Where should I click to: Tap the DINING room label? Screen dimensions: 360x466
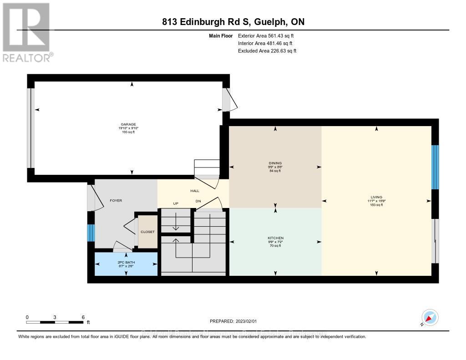tap(275, 163)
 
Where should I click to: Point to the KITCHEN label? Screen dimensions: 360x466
tap(275, 238)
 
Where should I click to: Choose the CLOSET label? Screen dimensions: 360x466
tap(147, 232)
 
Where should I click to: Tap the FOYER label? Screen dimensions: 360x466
tap(116, 200)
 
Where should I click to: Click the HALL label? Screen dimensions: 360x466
tap(195, 191)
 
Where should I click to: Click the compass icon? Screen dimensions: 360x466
tap(430, 317)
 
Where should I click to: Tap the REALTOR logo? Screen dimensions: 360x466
tap(27, 32)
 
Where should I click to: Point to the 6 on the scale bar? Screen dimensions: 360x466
tap(82, 317)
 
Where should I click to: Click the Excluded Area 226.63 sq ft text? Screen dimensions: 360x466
tap(267, 51)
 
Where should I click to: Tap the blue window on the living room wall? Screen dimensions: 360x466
tap(435, 167)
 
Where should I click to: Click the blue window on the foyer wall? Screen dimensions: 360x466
tap(91, 233)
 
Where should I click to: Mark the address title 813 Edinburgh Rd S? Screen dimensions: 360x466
tap(233, 22)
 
